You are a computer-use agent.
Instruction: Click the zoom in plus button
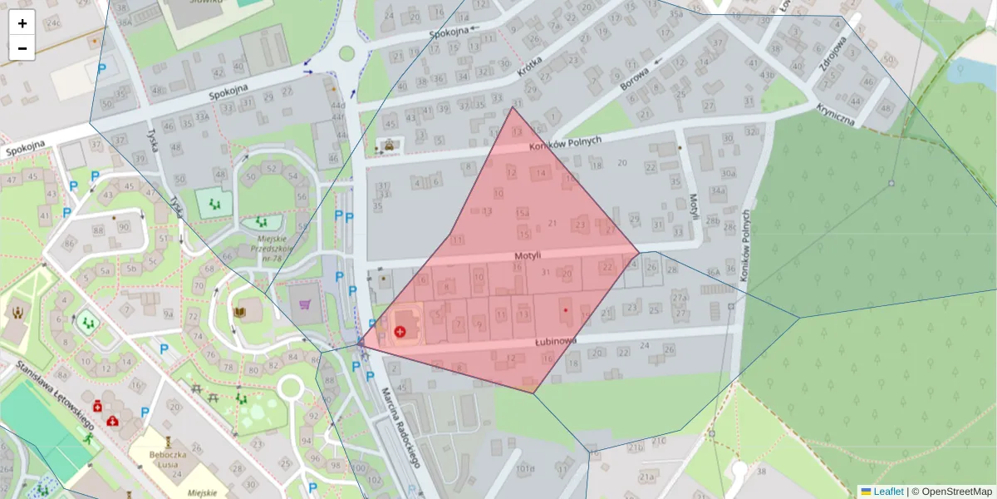coord(22,23)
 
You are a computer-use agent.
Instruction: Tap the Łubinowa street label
coord(555,342)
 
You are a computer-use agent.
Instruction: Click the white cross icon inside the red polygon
coord(400,331)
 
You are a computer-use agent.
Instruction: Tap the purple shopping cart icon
coord(305,305)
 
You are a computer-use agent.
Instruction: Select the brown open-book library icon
coord(240,312)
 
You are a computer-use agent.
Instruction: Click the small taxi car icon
coord(388,146)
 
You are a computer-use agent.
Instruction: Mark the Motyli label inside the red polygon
coord(528,255)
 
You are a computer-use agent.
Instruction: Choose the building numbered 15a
coord(523,214)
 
